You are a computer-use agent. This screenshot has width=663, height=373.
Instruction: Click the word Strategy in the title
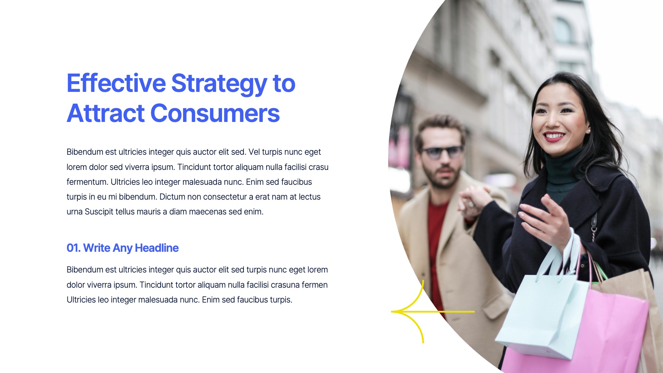click(x=219, y=84)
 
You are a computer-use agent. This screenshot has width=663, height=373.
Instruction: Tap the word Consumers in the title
click(x=215, y=113)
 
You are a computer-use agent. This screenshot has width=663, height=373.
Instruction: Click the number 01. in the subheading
click(x=73, y=248)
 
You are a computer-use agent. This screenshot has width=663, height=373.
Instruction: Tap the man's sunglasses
click(x=442, y=152)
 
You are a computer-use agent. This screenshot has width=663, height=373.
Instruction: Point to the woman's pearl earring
click(x=589, y=131)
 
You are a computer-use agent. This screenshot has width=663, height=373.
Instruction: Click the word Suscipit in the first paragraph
click(x=99, y=212)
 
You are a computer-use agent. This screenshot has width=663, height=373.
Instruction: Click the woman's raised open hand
click(x=546, y=221)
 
